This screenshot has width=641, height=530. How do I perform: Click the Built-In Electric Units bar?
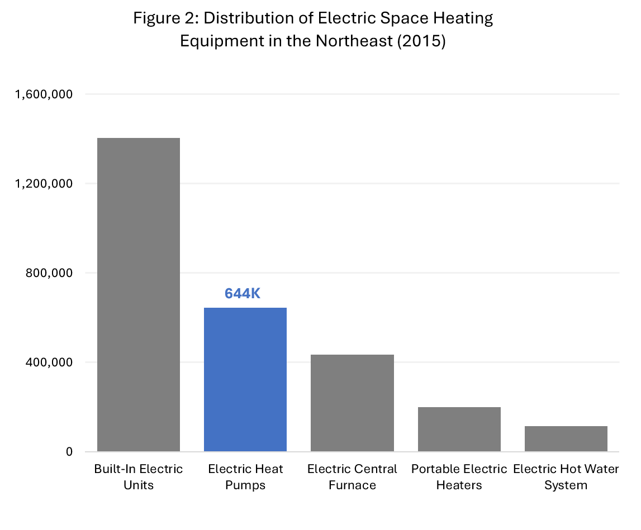(x=139, y=294)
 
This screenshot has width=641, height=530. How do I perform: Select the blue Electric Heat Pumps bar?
(x=245, y=379)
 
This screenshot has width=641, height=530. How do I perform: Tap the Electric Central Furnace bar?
(x=352, y=403)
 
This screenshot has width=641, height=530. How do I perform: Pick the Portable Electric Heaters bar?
(x=459, y=429)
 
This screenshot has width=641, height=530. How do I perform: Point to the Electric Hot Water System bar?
(x=566, y=438)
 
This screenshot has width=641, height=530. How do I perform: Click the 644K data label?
(x=243, y=293)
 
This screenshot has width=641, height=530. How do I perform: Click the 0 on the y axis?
(x=69, y=452)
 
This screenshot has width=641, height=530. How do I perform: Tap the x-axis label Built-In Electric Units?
(x=139, y=476)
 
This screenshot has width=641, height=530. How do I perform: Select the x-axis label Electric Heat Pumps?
(x=245, y=476)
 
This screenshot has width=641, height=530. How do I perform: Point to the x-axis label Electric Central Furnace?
(x=352, y=476)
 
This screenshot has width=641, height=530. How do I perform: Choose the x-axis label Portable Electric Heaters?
(x=459, y=476)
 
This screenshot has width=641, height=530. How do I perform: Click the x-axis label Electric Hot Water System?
(x=566, y=476)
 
